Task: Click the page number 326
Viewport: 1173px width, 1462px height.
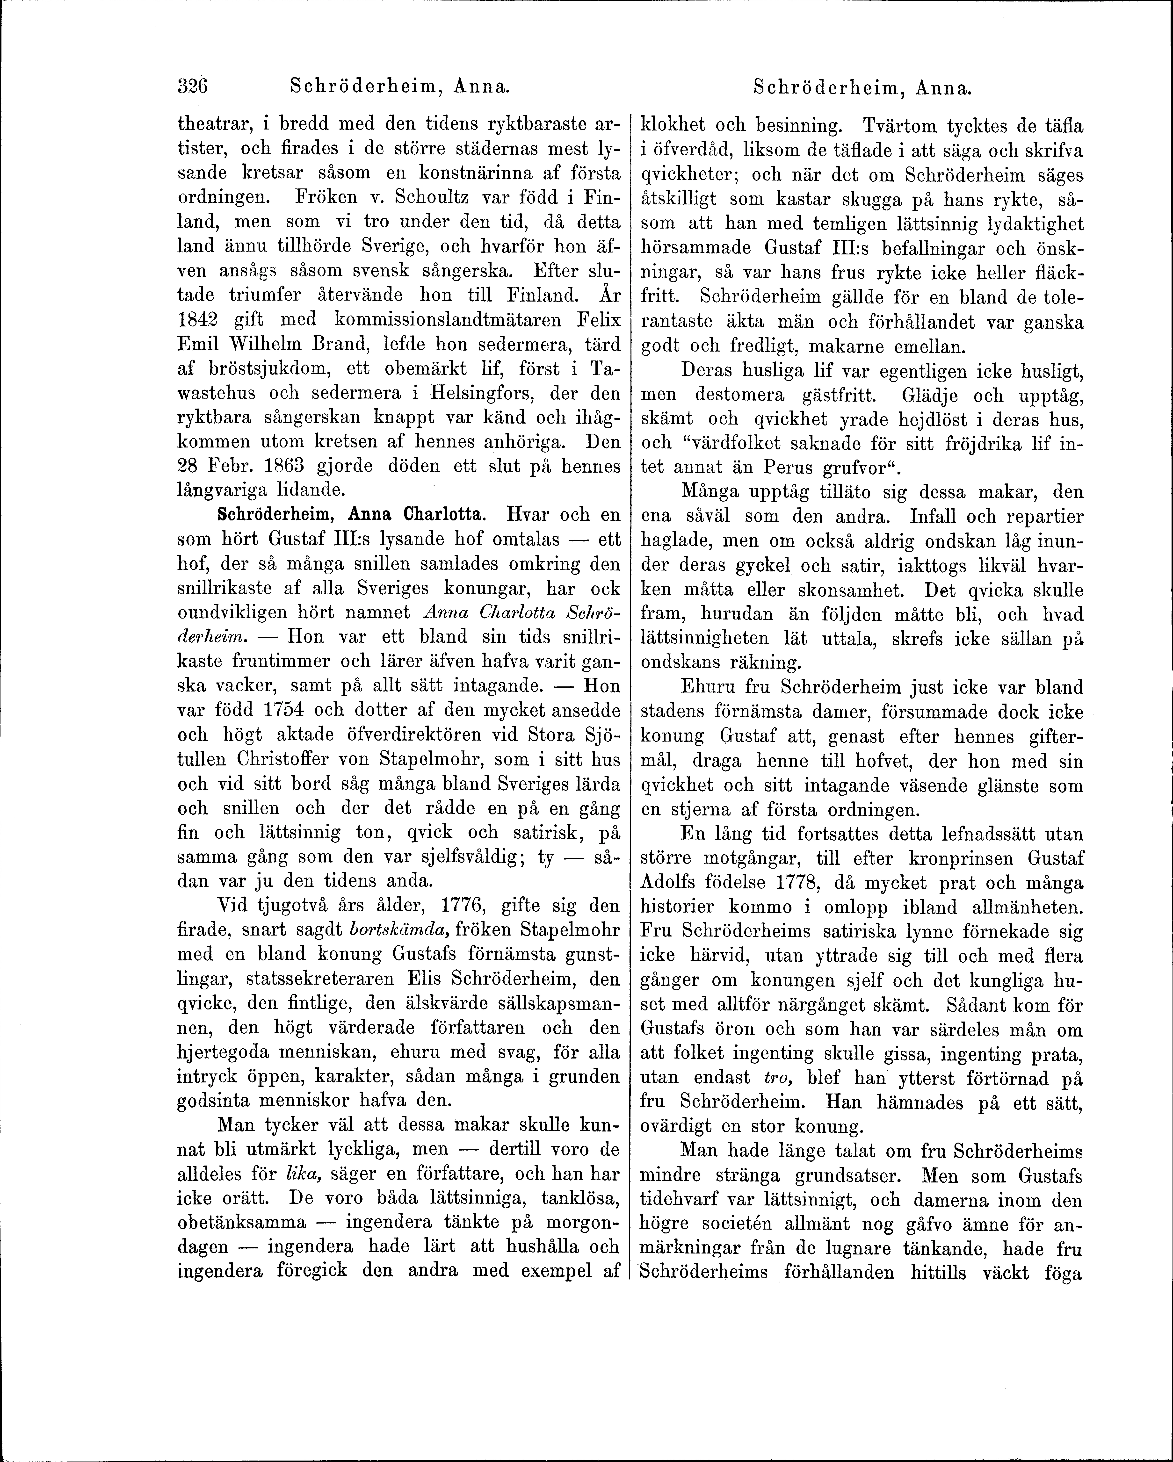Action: click(192, 87)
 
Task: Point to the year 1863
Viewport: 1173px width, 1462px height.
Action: click(275, 467)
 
